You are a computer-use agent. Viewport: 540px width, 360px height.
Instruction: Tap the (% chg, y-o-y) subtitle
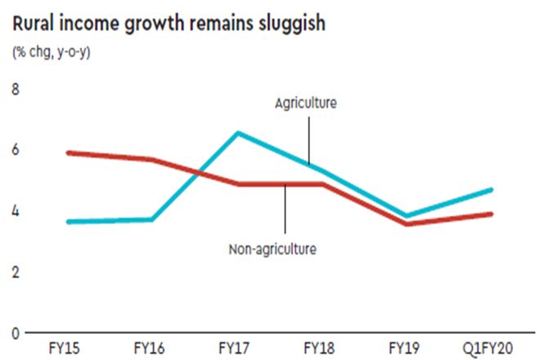pyautogui.click(x=51, y=53)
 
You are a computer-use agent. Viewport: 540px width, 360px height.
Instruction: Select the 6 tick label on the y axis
pyautogui.click(x=14, y=150)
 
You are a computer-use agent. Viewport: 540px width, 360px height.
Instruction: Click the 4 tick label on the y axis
pyautogui.click(x=14, y=210)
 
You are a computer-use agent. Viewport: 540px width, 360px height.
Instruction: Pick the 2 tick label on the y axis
pyautogui.click(x=14, y=272)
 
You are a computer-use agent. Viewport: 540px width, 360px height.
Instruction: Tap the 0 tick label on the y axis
pyautogui.click(x=14, y=333)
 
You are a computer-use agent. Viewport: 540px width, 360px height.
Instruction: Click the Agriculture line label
pyautogui.click(x=306, y=103)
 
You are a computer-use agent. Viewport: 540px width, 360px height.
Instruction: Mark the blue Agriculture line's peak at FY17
pyautogui.click(x=237, y=133)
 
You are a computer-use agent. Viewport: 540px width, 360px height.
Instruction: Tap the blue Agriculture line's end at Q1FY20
pyautogui.click(x=491, y=190)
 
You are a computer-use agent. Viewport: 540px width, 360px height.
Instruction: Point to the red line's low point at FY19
pyautogui.click(x=407, y=223)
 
